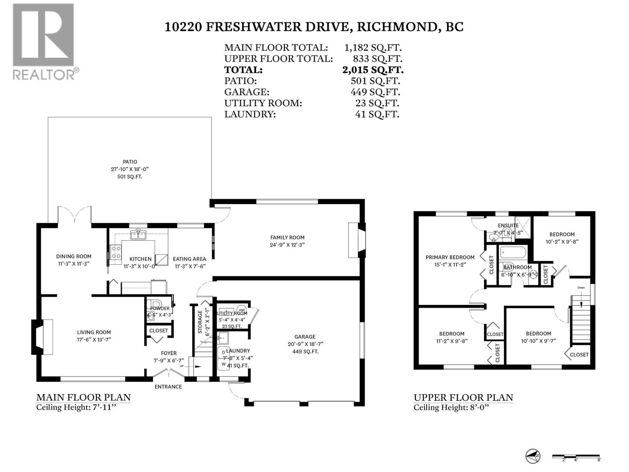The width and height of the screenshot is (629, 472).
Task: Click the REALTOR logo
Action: click(x=43, y=41)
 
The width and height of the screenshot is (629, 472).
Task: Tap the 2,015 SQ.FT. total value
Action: click(x=373, y=70)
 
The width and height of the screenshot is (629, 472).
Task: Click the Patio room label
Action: click(x=130, y=162)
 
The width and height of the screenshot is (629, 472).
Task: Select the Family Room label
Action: click(x=287, y=237)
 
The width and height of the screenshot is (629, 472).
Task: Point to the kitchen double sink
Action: click(x=137, y=235)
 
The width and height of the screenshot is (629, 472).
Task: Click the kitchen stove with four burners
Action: click(x=116, y=252)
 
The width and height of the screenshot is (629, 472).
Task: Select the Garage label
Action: click(x=305, y=337)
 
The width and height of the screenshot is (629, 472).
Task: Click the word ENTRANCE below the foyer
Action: click(x=168, y=387)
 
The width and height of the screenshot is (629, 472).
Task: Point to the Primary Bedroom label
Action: click(x=450, y=257)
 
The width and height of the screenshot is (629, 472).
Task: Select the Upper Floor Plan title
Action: click(x=463, y=398)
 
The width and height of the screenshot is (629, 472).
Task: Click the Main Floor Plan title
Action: click(x=83, y=397)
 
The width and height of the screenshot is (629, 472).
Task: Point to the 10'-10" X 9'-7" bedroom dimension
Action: click(x=539, y=341)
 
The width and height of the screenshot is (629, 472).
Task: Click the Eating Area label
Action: click(x=189, y=259)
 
